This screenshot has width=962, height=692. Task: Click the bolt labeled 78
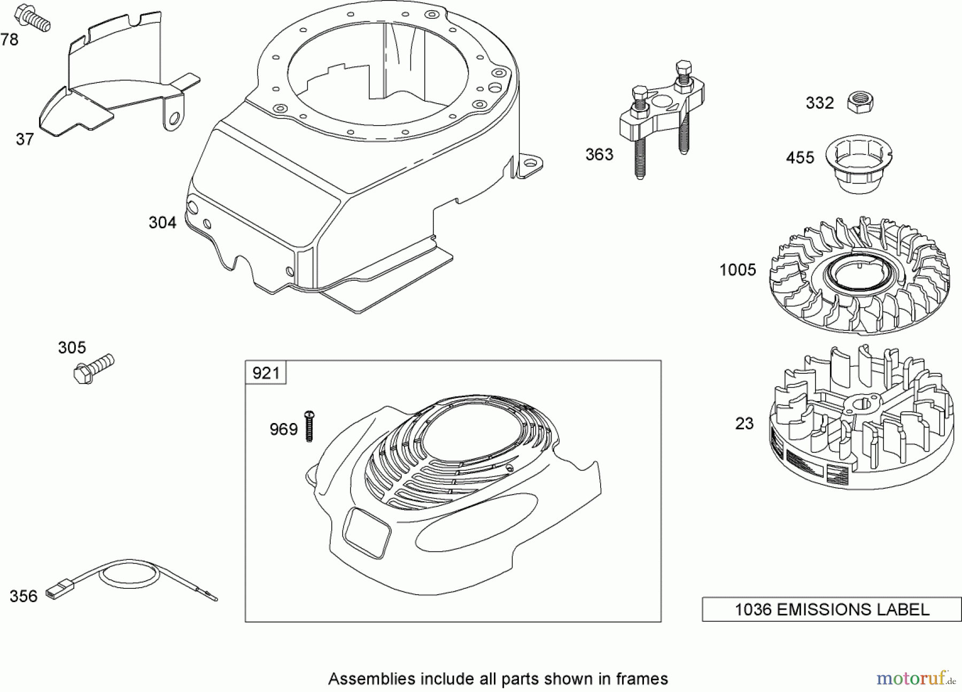pyautogui.click(x=33, y=18)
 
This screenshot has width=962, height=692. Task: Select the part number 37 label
pyautogui.click(x=25, y=140)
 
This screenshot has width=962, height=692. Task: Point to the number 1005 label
pyautogui.click(x=738, y=270)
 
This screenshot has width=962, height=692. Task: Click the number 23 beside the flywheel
pyautogui.click(x=744, y=424)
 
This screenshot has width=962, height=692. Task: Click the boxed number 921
pyautogui.click(x=266, y=373)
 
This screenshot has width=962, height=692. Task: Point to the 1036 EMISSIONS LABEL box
pyautogui.click(x=831, y=610)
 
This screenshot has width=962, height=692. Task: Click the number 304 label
pyautogui.click(x=162, y=223)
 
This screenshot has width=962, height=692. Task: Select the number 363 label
pyautogui.click(x=599, y=155)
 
